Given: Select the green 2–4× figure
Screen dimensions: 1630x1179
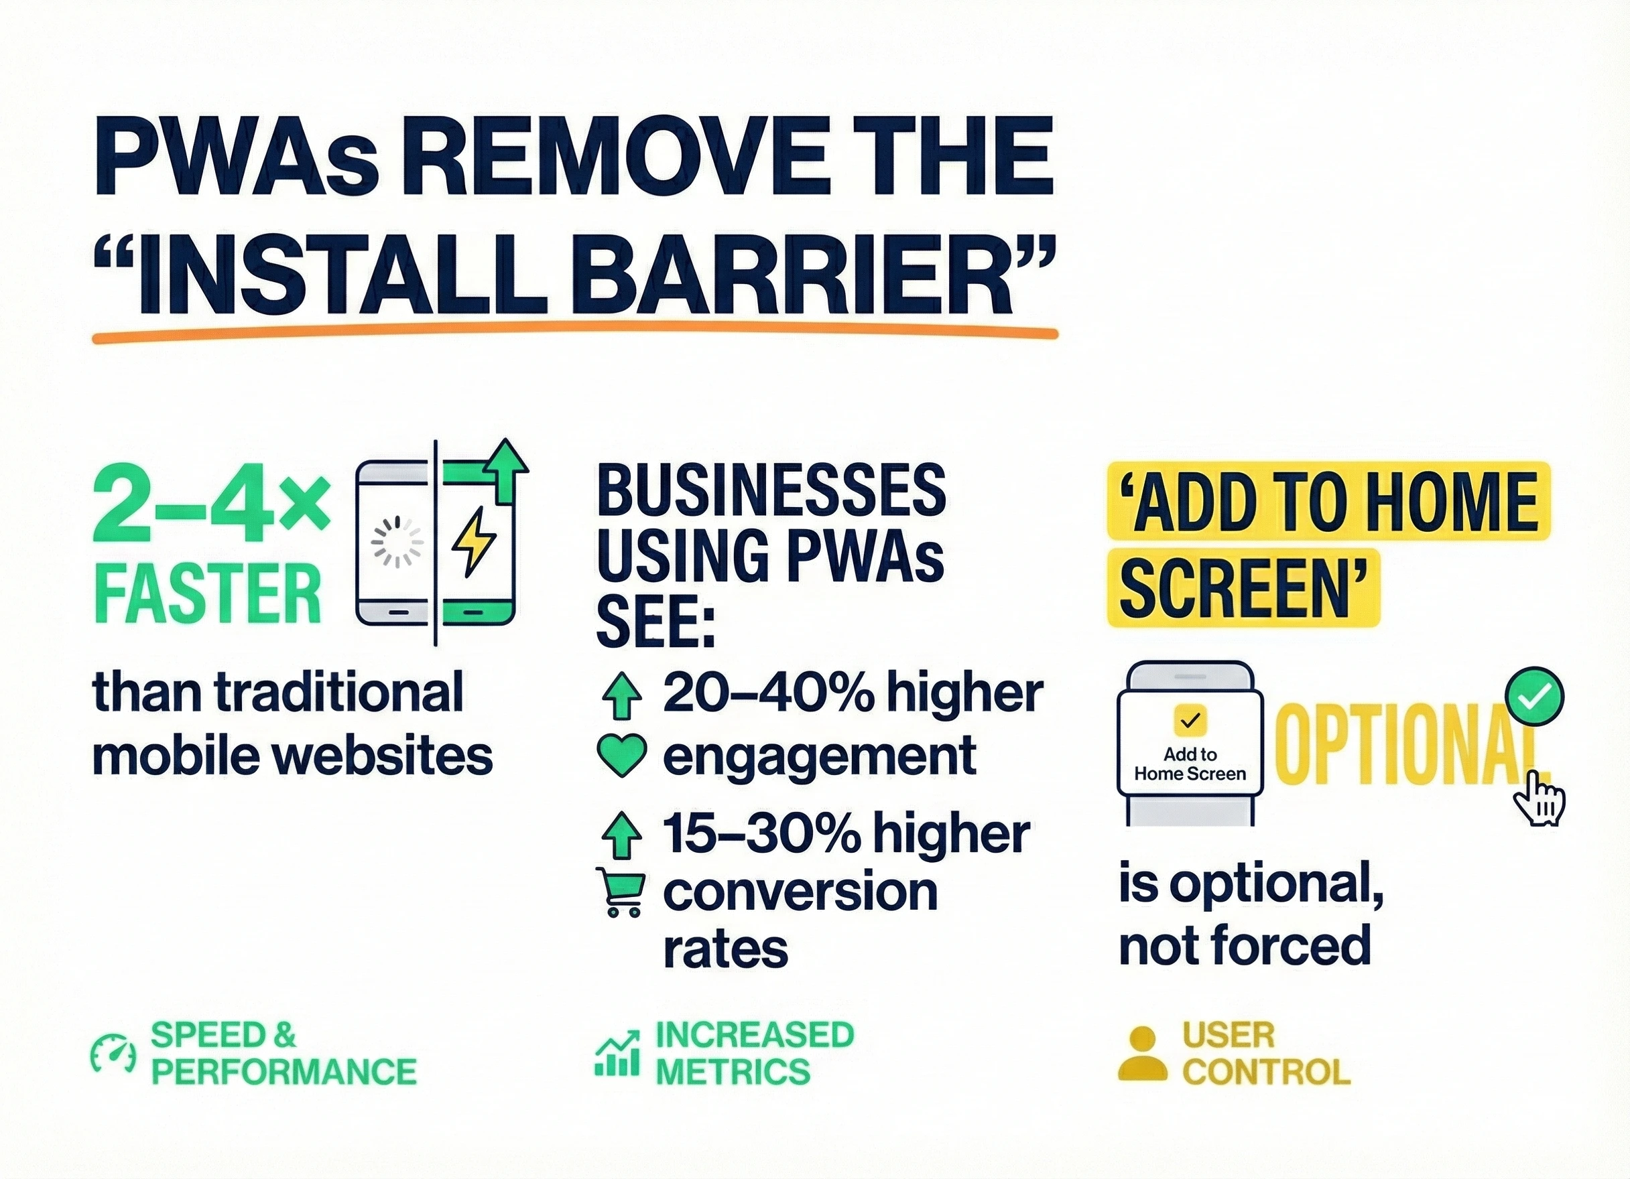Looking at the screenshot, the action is [211, 508].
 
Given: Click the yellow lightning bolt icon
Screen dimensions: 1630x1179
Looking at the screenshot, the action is [473, 542].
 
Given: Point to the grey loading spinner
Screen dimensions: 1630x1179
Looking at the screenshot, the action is [397, 543].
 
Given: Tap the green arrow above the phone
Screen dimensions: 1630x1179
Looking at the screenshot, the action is [507, 470].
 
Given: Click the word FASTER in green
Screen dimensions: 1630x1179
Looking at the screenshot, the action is [207, 594].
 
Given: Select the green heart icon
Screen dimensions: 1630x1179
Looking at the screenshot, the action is [622, 755].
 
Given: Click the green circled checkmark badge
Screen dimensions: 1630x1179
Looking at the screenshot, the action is [1534, 695].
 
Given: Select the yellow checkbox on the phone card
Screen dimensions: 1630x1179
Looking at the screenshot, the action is [1190, 720].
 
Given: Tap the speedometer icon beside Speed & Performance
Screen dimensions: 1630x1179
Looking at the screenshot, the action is [113, 1054].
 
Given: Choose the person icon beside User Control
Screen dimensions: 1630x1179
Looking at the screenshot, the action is [1143, 1053].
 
